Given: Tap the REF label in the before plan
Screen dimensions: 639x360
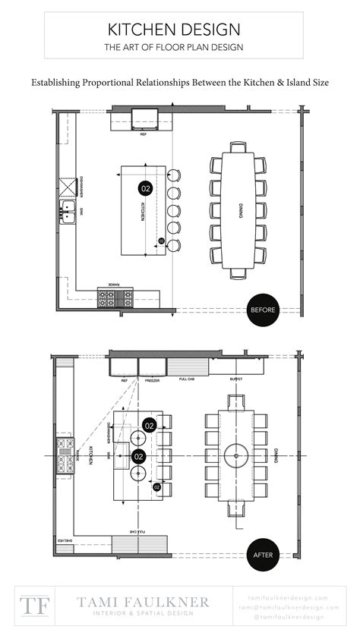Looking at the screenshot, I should [x=144, y=135].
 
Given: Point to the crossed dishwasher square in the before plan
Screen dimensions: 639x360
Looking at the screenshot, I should [x=67, y=186].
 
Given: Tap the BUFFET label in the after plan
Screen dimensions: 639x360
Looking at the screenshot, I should [x=237, y=378].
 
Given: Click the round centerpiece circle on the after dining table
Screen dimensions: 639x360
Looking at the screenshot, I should [x=237, y=456].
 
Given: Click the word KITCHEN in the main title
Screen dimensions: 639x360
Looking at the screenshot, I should [x=141, y=30].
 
